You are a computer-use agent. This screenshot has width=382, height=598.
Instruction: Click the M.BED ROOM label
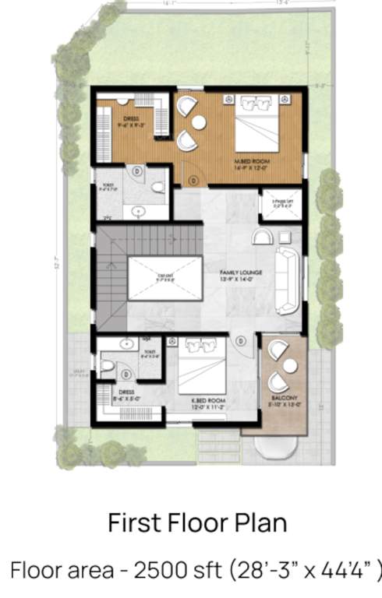click(250, 161)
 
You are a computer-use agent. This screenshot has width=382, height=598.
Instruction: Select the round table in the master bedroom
click(198, 122)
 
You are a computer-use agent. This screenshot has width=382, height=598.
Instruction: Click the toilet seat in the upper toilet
click(158, 188)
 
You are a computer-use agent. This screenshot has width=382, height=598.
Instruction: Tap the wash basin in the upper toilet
click(139, 210)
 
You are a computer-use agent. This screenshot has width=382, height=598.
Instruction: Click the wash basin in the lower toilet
click(126, 343)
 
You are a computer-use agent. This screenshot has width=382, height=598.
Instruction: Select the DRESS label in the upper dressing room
click(130, 119)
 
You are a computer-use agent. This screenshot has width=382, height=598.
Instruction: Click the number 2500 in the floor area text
click(157, 570)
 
